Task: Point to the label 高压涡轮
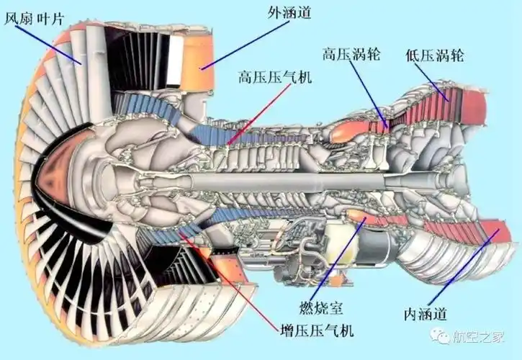(351, 53)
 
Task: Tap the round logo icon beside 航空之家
(439, 336)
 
